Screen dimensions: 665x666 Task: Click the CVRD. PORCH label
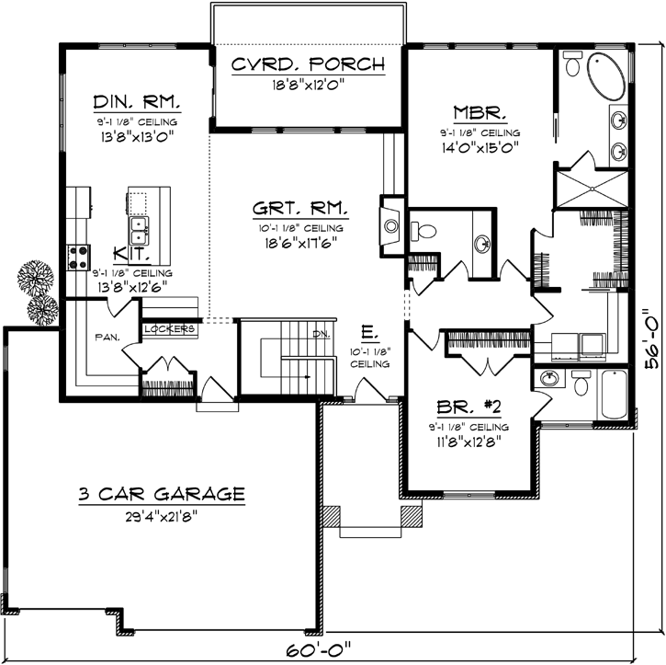(307, 64)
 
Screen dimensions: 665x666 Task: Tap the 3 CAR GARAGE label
(161, 495)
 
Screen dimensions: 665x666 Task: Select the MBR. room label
(479, 114)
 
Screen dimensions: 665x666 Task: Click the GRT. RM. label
(299, 210)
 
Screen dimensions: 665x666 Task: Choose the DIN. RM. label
(136, 101)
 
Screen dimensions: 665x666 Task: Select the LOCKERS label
(169, 328)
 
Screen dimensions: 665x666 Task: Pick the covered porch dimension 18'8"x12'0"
(307, 86)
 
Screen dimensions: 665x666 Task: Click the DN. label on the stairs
(322, 333)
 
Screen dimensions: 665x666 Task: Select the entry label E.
(367, 332)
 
